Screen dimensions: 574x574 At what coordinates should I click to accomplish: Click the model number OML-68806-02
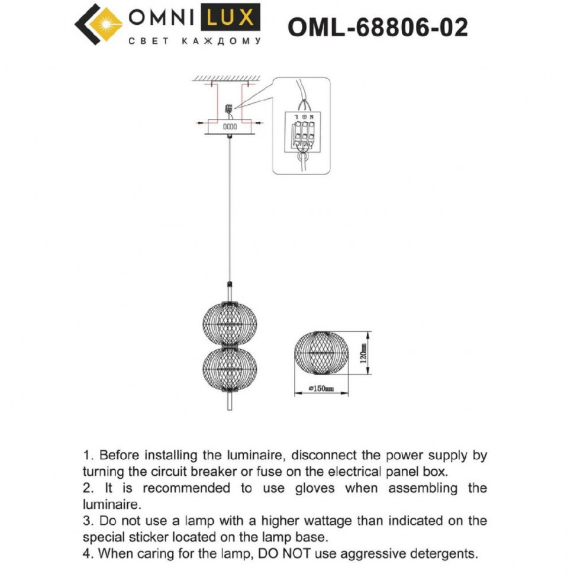pos(377,27)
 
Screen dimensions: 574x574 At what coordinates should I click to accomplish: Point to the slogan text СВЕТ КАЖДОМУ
pos(195,41)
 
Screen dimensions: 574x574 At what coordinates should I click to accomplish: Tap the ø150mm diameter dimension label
pos(322,389)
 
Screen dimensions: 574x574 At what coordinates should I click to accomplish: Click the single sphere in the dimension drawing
pos(322,353)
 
